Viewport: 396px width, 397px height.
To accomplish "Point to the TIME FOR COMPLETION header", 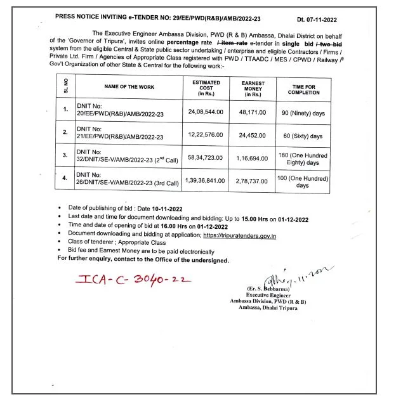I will pos(303,88).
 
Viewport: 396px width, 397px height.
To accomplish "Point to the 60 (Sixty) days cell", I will pos(303,135).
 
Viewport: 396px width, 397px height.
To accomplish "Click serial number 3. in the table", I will pos(65,156).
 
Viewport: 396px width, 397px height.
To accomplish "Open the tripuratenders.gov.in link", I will pos(248,235).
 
